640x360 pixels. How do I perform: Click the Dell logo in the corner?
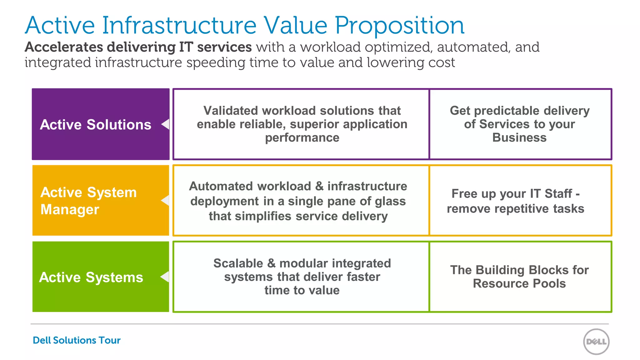click(596, 342)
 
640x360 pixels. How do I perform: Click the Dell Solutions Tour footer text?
click(77, 340)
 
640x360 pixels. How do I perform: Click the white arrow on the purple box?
click(165, 124)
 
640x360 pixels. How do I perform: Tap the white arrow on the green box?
click(165, 277)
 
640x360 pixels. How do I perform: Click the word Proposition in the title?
click(400, 26)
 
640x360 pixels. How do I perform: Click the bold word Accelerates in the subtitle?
click(64, 47)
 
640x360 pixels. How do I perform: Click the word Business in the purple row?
click(519, 137)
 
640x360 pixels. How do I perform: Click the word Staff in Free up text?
click(558, 194)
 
